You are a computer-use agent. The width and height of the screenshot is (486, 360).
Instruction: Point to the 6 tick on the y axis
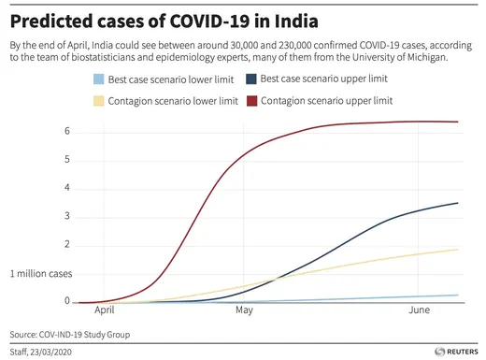click(67, 131)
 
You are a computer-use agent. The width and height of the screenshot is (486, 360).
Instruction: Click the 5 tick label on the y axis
click(67, 160)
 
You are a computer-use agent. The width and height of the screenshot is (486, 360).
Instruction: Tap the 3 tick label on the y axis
click(67, 217)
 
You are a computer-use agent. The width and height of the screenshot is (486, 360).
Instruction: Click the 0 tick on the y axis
click(67, 302)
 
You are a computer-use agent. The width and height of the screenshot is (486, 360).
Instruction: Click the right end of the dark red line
click(457, 122)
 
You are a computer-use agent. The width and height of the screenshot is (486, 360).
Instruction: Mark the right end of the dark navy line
click(457, 203)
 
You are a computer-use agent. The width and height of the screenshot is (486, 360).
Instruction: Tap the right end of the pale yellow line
click(457, 250)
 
